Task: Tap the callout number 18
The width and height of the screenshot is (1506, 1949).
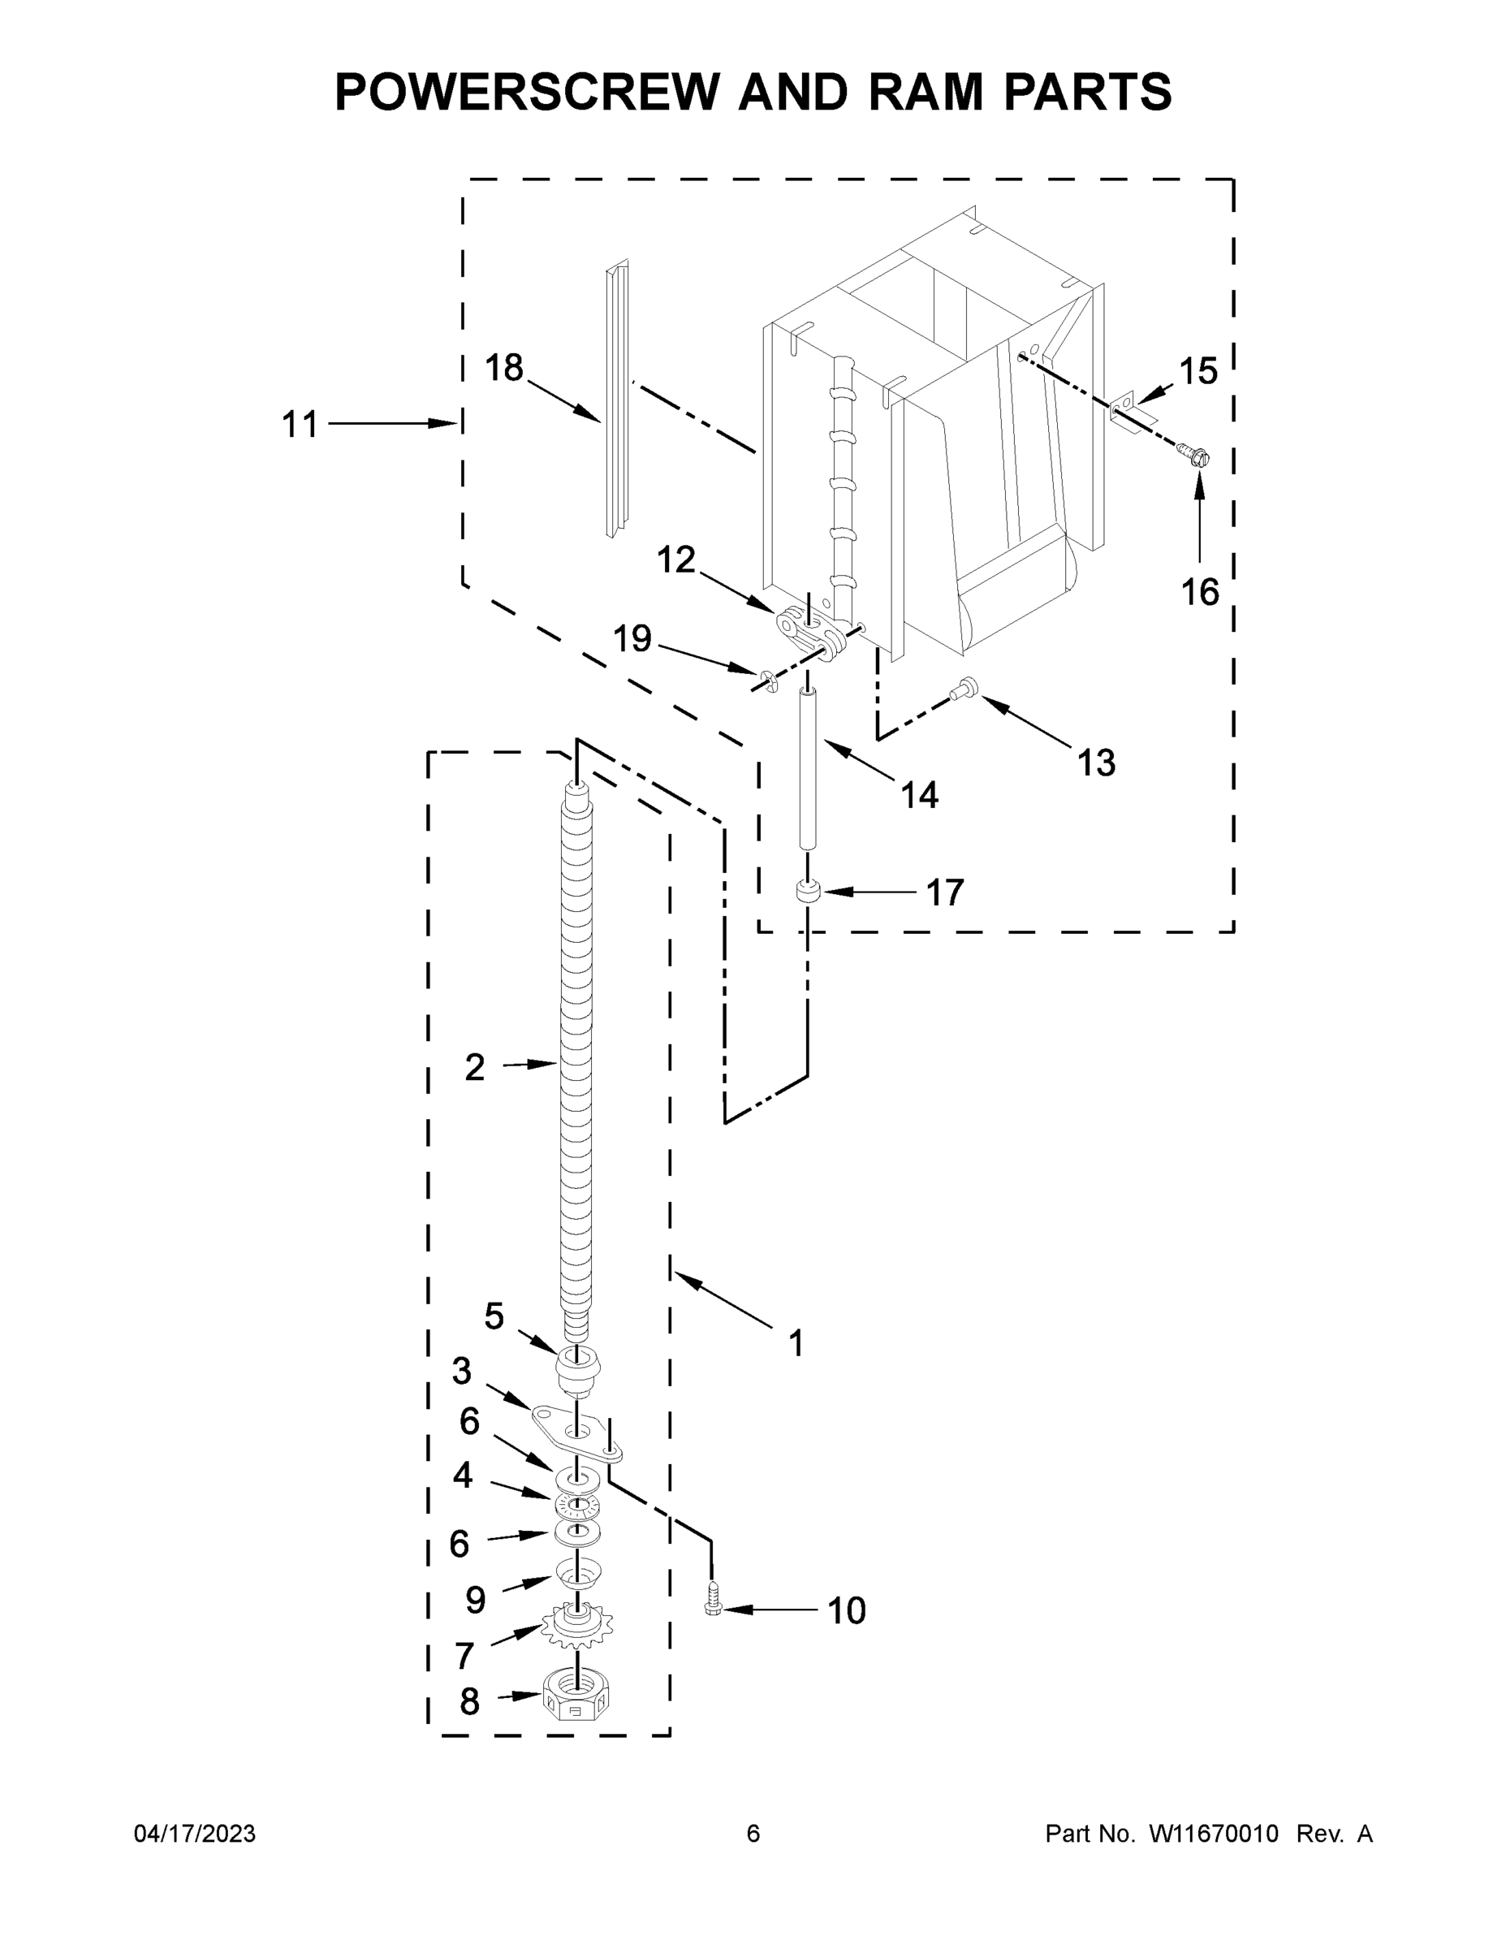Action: [x=504, y=368]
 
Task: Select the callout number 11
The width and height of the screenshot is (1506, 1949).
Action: [x=300, y=425]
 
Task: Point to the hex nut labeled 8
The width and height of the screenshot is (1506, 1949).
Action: [x=576, y=1705]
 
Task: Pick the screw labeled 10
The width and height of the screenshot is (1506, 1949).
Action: [x=712, y=1598]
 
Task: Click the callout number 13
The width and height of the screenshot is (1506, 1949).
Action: [x=1095, y=763]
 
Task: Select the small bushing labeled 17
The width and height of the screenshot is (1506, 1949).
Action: [x=808, y=892]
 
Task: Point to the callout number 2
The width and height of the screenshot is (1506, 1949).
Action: [x=475, y=1066]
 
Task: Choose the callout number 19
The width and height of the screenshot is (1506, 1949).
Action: [x=632, y=639]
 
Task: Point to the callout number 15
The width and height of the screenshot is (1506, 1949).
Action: [x=1198, y=371]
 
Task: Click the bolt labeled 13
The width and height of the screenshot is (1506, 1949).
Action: [x=965, y=687]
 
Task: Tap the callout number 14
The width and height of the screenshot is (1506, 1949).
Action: [x=919, y=794]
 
